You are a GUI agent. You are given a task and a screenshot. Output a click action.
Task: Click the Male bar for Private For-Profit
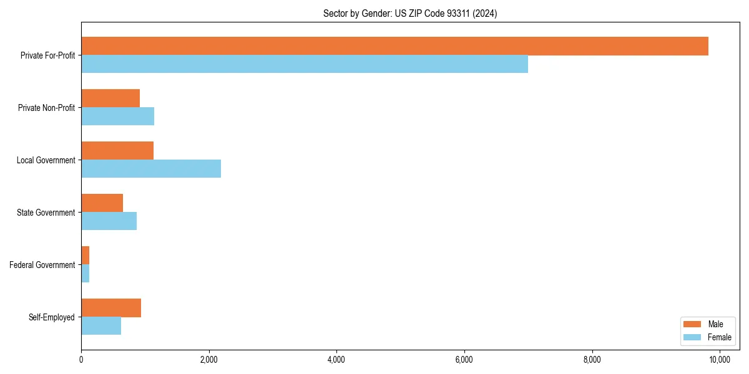coord(394,46)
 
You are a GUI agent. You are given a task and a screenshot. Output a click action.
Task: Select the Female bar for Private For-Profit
coord(305,64)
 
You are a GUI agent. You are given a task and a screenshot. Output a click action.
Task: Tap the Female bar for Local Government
coord(151,169)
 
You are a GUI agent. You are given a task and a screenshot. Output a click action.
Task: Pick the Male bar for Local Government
coord(117,151)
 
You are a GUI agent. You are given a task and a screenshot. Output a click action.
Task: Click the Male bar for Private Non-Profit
coord(110,98)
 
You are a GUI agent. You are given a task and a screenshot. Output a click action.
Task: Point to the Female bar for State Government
coord(109,221)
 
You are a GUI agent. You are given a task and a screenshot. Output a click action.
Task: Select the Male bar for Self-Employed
coord(111,308)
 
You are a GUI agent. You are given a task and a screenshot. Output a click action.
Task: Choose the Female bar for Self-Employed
coord(101,326)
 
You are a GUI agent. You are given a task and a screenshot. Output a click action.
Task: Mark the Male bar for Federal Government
coord(85,256)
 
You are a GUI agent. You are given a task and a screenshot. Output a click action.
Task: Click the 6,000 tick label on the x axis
coord(464,360)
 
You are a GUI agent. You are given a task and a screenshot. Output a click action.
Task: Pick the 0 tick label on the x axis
coord(81,360)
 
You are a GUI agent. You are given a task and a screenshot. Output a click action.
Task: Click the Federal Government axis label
coord(42,265)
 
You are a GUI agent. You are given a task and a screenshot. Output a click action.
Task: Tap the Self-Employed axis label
coord(52,317)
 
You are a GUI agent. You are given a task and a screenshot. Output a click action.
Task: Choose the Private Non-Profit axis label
coord(46,108)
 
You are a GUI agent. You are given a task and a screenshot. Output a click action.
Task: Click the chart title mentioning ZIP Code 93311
coord(410,13)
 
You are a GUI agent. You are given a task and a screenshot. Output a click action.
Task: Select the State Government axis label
coord(46,213)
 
